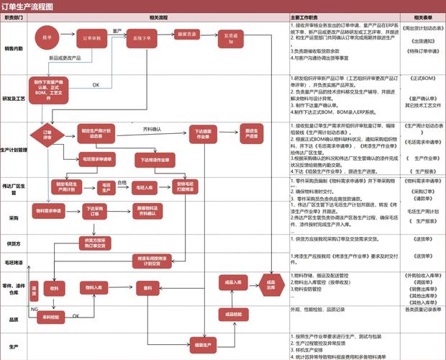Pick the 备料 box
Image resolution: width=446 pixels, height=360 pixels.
[x=149, y=287]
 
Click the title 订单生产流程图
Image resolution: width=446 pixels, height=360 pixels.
[x=28, y=6]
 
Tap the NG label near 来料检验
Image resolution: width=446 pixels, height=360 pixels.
[x=34, y=308]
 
